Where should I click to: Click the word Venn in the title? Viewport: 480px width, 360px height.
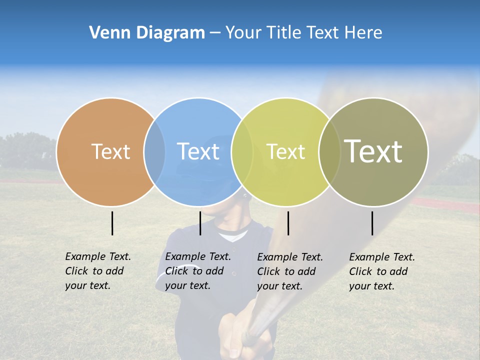(106, 33)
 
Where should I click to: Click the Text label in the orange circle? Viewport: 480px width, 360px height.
(110, 151)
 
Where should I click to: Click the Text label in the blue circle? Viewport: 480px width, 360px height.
(198, 151)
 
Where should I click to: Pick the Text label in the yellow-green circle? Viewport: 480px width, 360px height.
(285, 151)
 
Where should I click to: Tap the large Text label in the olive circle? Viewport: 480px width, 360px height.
(373, 151)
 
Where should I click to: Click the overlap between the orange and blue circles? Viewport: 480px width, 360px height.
(154, 151)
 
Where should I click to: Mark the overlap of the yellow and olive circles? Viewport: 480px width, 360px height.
(329, 151)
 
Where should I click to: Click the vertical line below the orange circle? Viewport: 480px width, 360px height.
(112, 223)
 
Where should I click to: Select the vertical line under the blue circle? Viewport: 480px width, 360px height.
(200, 223)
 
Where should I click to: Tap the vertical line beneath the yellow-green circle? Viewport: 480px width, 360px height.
(288, 223)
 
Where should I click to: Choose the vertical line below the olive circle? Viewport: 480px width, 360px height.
(372, 223)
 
